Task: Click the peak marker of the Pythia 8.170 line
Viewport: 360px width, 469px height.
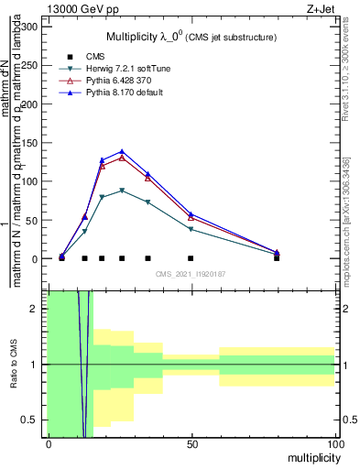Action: coord(122,151)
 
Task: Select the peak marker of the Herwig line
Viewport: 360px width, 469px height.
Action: coord(122,191)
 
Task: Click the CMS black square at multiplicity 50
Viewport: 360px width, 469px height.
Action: coord(191,258)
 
